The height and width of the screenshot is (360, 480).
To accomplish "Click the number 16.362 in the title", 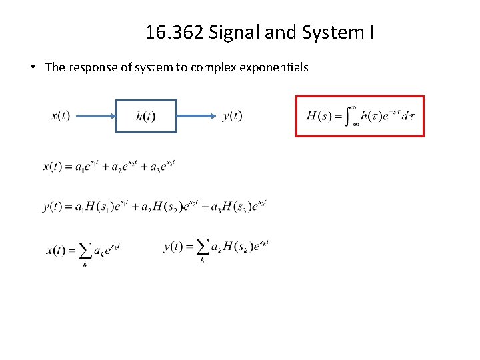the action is click(175, 33).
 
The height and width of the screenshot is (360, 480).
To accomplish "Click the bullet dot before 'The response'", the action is click(32, 67).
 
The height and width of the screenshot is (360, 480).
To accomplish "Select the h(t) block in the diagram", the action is click(146, 117).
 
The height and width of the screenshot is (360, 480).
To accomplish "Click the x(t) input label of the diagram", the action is click(60, 116).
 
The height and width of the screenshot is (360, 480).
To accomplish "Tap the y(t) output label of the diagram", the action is click(233, 116).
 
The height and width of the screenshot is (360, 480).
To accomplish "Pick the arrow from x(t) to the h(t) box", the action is click(93, 117).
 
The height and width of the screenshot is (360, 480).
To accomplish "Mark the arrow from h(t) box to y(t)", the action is click(198, 117).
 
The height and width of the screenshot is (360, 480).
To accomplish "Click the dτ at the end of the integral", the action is click(407, 116).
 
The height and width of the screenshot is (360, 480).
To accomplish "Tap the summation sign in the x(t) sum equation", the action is click(85, 251).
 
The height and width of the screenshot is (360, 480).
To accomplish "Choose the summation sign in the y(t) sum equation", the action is click(202, 247).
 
